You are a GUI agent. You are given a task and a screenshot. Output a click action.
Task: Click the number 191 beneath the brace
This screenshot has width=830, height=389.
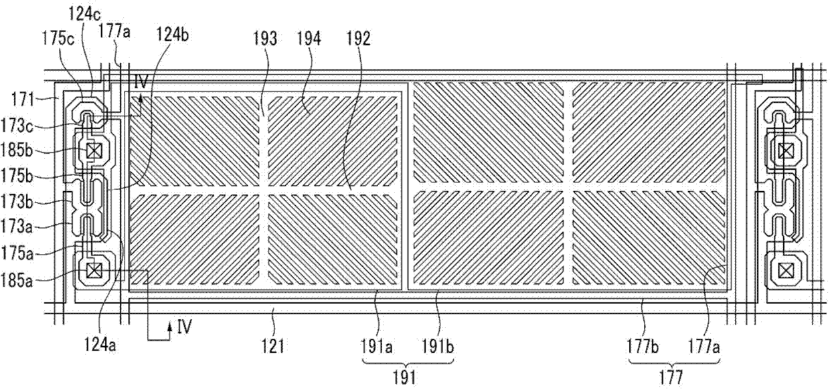click(406, 377)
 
